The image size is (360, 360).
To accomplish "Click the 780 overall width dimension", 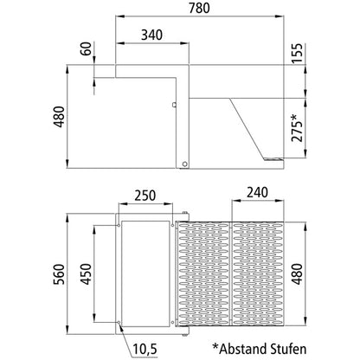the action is tap(199, 8).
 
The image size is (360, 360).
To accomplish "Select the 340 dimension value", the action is tap(152, 35).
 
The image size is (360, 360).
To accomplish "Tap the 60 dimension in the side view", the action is tap(86, 49).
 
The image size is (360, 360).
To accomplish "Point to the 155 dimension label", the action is tap(297, 53).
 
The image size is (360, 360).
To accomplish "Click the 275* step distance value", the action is tap(297, 128).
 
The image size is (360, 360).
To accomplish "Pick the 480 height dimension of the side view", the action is tap(60, 117).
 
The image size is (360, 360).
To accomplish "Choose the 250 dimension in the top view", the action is tap(145, 196).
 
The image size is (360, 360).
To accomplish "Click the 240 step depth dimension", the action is tap(257, 192).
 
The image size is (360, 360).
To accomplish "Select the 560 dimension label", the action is tap(60, 274).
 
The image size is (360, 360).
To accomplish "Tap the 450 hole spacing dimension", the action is tap(86, 274).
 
